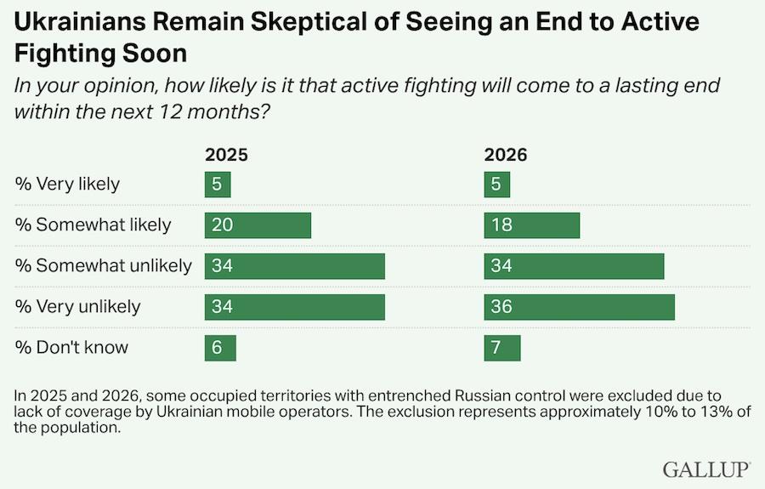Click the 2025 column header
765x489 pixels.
[x=226, y=155]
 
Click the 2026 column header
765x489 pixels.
[x=506, y=155]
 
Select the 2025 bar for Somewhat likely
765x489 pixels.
[x=258, y=225]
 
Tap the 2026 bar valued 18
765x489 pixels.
[x=532, y=225]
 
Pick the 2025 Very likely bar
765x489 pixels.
[x=218, y=184]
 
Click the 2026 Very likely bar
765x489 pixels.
[x=497, y=184]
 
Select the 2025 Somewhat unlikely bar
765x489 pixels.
[x=295, y=266]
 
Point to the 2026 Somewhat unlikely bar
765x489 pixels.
[x=575, y=266]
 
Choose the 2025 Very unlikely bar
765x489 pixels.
[x=295, y=307]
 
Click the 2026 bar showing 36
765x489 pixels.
[x=580, y=307]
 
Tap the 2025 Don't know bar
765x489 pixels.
[x=220, y=348]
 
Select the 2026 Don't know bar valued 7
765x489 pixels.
[x=502, y=348]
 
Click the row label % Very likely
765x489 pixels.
[x=67, y=185]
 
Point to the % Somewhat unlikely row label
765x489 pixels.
[x=103, y=266]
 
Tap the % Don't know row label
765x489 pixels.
[x=71, y=348]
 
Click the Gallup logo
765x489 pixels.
[x=706, y=469]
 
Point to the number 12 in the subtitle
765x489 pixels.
[x=170, y=111]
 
